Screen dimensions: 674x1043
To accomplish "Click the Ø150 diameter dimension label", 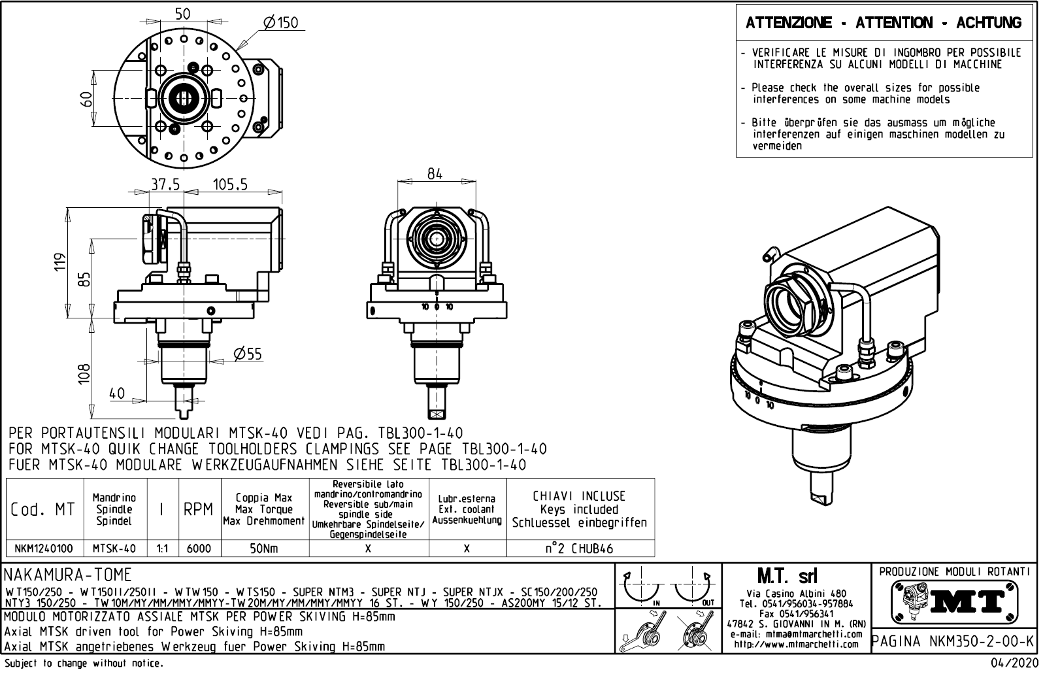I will click(x=280, y=23).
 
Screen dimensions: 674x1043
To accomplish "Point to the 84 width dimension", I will click(x=435, y=174).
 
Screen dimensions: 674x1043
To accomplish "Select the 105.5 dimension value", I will click(x=230, y=185).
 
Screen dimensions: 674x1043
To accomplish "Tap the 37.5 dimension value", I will click(x=165, y=185).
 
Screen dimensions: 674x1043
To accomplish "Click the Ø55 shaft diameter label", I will click(x=248, y=354).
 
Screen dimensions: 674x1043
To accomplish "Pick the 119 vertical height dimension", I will click(x=61, y=263).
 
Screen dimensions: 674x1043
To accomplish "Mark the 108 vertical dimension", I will click(x=84, y=374).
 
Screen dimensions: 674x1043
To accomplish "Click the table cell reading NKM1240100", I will click(x=44, y=548).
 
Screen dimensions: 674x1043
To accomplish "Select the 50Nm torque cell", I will click(x=265, y=548).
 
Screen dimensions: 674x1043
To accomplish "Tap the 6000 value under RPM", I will click(x=199, y=548).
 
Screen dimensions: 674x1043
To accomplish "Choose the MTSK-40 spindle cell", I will click(x=114, y=548).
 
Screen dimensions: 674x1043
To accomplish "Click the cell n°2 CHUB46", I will click(x=580, y=548).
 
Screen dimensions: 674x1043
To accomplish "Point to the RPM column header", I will click(x=198, y=510).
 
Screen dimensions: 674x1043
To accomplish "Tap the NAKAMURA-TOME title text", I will click(x=68, y=575).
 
